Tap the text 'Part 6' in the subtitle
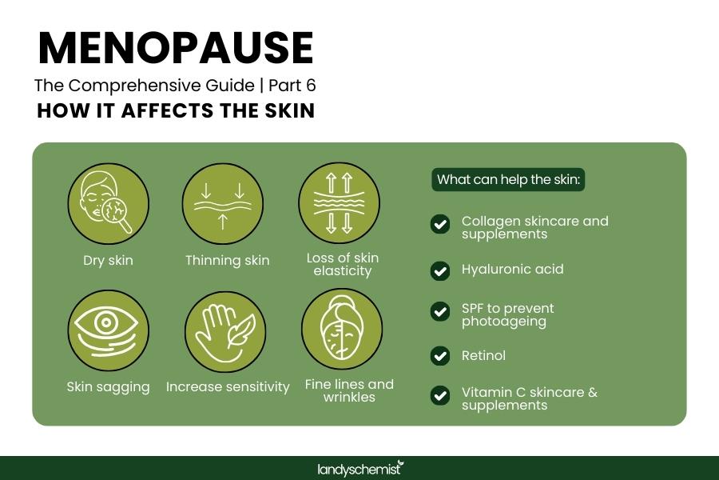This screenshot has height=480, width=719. pos(297,85)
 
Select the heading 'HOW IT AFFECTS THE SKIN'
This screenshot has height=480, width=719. pos(176,111)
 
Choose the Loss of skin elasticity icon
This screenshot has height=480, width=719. pos(339,203)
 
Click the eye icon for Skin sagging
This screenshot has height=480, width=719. pos(108,330)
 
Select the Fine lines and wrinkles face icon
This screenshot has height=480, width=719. pos(342,330)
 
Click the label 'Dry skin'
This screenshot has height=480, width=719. pos(108,260)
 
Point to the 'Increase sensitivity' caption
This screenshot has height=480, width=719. pos(228,386)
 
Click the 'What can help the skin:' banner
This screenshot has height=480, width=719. pos(508,179)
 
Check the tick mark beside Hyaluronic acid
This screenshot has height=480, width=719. pos(440,270)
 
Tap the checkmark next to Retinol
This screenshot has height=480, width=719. pos(440,356)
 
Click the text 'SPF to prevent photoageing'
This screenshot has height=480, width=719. pos(507,314)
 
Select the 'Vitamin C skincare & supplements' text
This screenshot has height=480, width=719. pos(529,398)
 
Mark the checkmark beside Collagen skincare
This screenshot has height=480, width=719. pos(440,224)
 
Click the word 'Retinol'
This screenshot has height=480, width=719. pos(483,355)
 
